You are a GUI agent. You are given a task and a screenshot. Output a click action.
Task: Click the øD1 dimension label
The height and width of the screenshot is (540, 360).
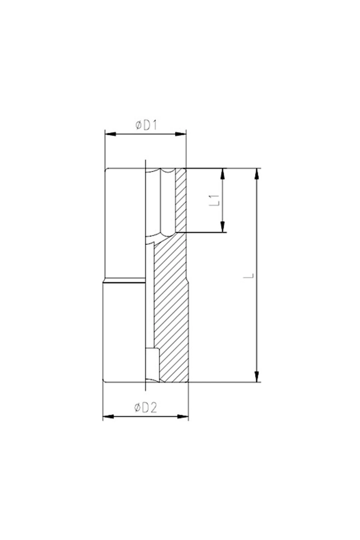[x=146, y=125]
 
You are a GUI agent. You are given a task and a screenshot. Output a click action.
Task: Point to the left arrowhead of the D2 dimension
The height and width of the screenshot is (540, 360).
[x=108, y=416]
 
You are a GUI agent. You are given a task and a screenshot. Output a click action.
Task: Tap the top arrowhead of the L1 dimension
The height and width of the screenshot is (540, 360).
[x=223, y=174]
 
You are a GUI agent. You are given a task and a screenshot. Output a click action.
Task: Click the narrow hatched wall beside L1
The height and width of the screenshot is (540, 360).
[x=181, y=199]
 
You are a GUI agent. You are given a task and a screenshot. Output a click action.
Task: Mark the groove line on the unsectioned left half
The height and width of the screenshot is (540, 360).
[x=124, y=282]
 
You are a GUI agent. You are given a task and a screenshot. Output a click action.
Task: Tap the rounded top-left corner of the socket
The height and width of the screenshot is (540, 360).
[x=106, y=170]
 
